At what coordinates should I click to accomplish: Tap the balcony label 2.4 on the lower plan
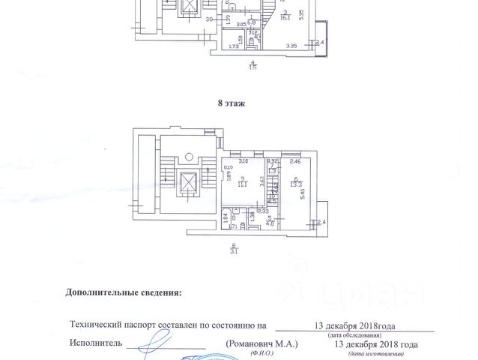pyautogui.click(x=321, y=222)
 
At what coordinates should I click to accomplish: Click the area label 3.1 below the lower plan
pyautogui.click(x=234, y=250)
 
